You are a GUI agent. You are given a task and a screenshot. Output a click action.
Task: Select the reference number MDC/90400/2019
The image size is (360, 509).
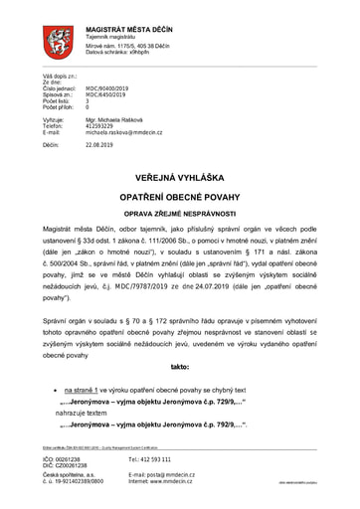pos(106,88)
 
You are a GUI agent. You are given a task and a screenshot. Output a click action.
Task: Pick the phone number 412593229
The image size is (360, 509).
pos(100,125)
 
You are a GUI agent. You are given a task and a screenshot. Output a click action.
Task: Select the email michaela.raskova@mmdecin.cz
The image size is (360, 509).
pos(123,131)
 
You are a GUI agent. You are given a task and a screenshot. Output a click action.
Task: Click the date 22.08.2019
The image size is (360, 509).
pos(100,144)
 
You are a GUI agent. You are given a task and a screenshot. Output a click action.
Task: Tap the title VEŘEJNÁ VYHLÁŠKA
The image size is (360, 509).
pos(179,177)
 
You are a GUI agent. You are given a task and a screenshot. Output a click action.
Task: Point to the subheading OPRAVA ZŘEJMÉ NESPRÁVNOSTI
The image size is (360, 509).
pos(179,216)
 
